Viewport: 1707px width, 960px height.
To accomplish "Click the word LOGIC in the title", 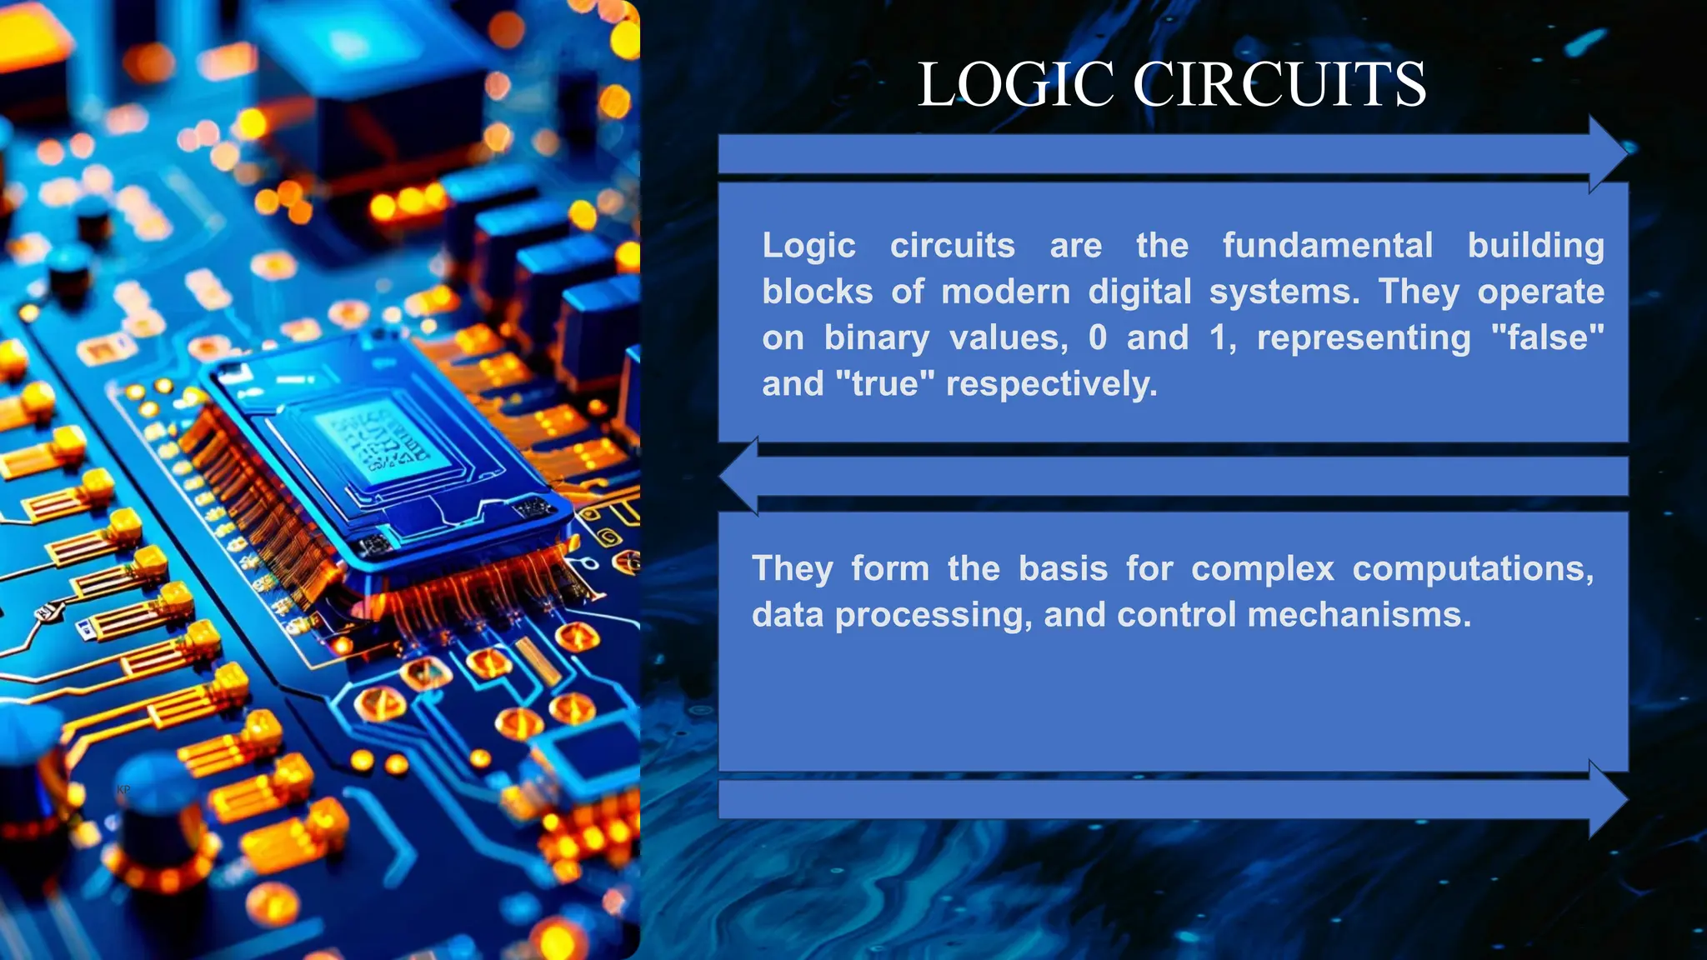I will click(x=1015, y=85).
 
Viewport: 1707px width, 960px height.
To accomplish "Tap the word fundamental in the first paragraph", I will click(x=1327, y=246).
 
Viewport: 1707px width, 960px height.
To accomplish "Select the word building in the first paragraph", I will click(x=1535, y=246).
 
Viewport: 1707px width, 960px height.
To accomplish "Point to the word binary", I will click(x=876, y=338).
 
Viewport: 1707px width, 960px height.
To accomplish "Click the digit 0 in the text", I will click(x=1098, y=337).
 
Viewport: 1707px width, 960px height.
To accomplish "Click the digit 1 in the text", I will click(x=1219, y=337).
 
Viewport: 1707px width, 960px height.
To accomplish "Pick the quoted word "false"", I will click(x=1547, y=337).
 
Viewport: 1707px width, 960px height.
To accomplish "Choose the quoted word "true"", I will click(x=884, y=384).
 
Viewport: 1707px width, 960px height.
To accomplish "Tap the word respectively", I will click(x=1051, y=384).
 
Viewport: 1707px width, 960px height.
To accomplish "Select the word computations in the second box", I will click(x=1473, y=569).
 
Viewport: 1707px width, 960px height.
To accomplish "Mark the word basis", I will click(x=1063, y=569).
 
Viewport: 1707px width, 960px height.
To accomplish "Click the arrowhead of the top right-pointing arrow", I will click(x=1608, y=153).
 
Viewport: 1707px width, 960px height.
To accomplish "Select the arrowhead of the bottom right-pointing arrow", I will click(x=1608, y=799).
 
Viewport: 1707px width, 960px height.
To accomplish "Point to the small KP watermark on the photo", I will click(x=123, y=789).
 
